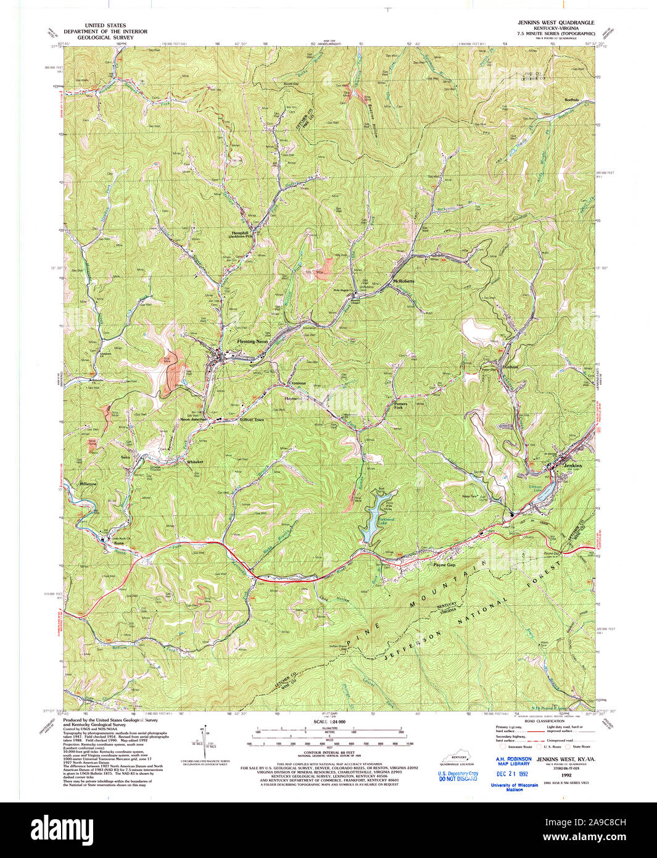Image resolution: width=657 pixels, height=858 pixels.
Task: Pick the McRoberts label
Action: (x=404, y=281)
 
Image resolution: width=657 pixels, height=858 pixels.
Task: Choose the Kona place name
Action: (x=118, y=543)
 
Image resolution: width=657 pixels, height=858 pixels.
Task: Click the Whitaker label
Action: (x=195, y=462)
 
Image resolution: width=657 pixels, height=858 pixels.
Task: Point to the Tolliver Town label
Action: (x=251, y=420)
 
